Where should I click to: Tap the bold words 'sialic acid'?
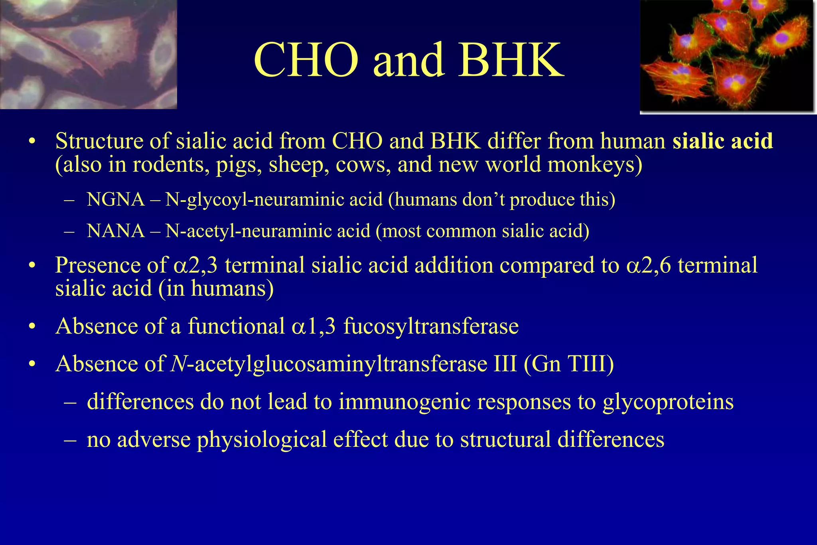[x=722, y=141]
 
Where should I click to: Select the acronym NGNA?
[x=116, y=199]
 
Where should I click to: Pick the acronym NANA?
[x=116, y=231]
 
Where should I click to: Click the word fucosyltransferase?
[x=431, y=326]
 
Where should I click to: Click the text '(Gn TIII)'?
[x=568, y=363]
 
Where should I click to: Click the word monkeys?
[x=595, y=164]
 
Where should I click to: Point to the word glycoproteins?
[x=668, y=401]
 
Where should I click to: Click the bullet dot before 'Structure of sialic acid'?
[x=32, y=142]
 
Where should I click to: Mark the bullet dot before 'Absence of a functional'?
[x=32, y=327]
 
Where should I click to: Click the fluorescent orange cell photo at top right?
[x=727, y=56]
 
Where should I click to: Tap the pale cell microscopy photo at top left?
[x=88, y=54]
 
